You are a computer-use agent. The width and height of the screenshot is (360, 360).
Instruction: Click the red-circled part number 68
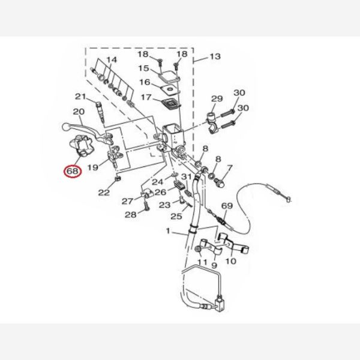tap(73, 171)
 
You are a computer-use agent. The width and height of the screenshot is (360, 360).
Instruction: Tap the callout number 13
tap(215, 56)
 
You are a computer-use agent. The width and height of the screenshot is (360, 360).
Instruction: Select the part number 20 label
tap(79, 112)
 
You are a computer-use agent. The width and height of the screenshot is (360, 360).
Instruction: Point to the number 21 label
tap(80, 97)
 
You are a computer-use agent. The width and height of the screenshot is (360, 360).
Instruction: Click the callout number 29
tap(217, 99)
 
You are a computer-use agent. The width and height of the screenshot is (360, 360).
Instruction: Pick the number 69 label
tap(227, 206)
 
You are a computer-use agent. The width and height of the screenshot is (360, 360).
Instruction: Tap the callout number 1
tap(168, 231)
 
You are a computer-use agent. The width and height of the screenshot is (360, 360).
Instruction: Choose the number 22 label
tap(104, 193)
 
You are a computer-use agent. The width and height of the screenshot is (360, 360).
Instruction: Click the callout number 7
tap(230, 168)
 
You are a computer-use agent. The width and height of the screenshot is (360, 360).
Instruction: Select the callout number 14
tap(112, 60)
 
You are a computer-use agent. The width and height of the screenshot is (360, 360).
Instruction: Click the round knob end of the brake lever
tap(66, 126)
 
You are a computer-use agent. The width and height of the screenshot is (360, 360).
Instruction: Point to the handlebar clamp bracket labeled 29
tap(213, 122)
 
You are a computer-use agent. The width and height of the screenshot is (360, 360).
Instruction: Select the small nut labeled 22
tap(118, 178)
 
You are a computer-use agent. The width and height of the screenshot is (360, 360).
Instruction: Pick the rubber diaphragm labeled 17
tap(171, 104)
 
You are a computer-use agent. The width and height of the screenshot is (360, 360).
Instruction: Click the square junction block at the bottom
tap(220, 304)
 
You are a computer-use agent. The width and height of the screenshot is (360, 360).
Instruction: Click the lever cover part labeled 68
tap(80, 146)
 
